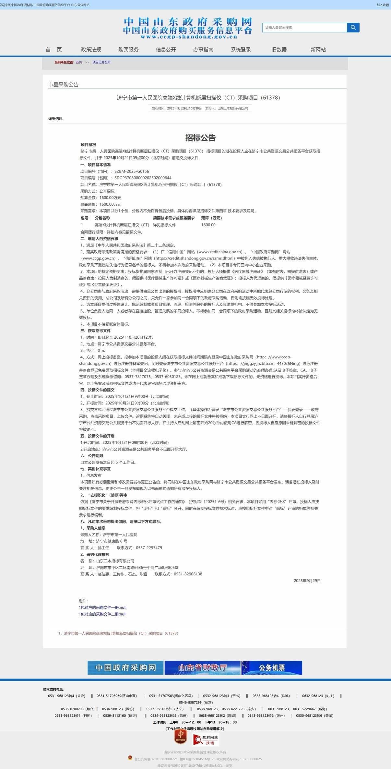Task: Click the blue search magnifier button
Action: click(353, 28)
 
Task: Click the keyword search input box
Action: click(304, 28)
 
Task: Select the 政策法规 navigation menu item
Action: click(91, 50)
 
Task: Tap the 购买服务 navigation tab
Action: click(128, 50)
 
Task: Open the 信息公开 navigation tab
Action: click(166, 50)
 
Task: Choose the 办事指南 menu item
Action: click(203, 50)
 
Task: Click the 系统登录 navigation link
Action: click(241, 50)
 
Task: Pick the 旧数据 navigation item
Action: click(279, 50)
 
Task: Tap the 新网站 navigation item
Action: click(318, 50)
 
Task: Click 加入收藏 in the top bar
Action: click(383, 5)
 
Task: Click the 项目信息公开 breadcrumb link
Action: click(101, 62)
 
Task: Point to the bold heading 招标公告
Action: click(200, 138)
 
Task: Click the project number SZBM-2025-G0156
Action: click(132, 171)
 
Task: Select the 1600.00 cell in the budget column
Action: click(208, 225)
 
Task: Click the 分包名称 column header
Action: click(102, 218)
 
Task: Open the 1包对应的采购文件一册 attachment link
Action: click(102, 607)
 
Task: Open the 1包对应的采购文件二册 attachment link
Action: click(102, 614)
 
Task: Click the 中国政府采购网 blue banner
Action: click(125, 668)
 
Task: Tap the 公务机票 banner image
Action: click(272, 668)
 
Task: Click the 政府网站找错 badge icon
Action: click(206, 740)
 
